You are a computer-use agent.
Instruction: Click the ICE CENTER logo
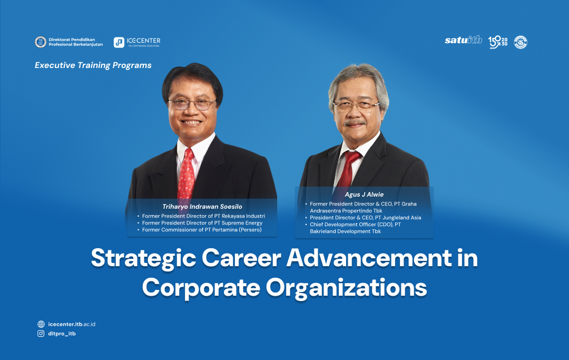point(137,42)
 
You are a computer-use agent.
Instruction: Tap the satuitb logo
point(463,41)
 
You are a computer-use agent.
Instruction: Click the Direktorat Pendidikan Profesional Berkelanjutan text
point(75,42)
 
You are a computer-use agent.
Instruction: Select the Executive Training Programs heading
point(93,65)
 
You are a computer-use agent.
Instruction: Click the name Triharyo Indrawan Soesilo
point(202,207)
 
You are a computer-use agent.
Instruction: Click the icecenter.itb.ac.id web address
point(71,324)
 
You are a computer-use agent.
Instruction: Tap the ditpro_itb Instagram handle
point(62,334)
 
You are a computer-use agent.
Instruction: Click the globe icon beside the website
point(41,324)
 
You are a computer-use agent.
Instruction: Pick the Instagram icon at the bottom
point(41,334)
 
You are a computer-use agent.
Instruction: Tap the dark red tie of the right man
point(350,169)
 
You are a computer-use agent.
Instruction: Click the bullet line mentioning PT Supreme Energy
point(202,223)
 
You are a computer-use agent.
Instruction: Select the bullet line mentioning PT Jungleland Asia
point(365,218)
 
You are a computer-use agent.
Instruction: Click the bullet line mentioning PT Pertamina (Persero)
point(202,230)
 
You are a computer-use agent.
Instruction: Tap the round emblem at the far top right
point(521,42)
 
